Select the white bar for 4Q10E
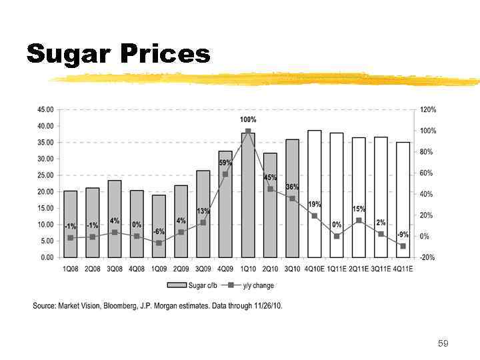314,193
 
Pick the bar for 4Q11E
403,199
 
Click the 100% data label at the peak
248,119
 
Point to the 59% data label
225,163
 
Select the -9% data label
403,235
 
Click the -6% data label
159,231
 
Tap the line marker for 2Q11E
359,220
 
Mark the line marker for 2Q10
270,189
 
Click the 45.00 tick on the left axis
45,109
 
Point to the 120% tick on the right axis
428,109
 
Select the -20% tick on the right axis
428,257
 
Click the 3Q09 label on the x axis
203,269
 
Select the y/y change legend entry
251,285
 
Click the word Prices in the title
165,53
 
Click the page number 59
443,343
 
